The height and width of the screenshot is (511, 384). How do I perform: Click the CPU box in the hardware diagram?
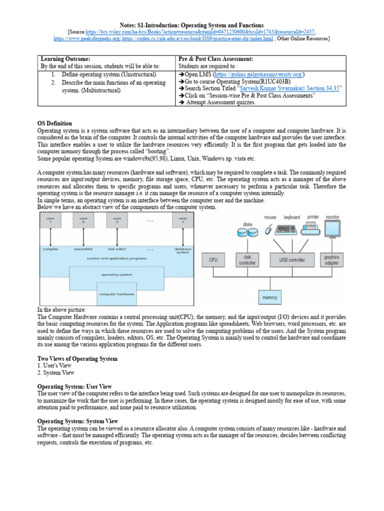tap(213, 259)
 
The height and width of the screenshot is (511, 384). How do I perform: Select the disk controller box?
tap(247, 259)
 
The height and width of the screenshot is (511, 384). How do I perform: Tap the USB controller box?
tap(292, 259)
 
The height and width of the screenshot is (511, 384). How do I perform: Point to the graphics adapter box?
tap(331, 259)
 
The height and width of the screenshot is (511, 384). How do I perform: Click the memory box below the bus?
tap(269, 297)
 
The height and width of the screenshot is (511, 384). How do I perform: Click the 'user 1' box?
tap(50, 221)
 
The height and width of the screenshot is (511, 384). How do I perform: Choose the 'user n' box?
tap(183, 221)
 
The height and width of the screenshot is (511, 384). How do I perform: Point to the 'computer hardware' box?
tap(116, 294)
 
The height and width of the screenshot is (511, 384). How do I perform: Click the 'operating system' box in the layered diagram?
tap(116, 275)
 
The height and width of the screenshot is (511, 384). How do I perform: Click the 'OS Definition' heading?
tap(55, 123)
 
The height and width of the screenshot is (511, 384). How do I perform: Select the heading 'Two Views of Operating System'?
tap(77, 359)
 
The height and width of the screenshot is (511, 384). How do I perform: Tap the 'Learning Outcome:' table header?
tap(65, 59)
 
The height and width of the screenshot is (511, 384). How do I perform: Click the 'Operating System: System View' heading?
tap(77, 421)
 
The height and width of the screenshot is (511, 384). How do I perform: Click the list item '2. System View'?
tap(56, 373)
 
